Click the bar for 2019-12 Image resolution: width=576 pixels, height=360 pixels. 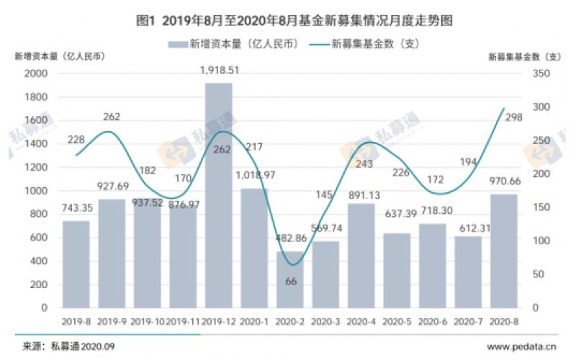point(219,195)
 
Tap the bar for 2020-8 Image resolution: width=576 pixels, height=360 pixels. point(503,251)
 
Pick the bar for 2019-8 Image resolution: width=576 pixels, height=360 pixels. point(76,264)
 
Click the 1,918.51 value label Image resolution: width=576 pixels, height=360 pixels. point(219,71)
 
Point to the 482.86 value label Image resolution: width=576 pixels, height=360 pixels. point(290,239)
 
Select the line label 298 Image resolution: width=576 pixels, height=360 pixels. point(513,118)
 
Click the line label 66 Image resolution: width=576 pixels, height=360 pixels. point(291,282)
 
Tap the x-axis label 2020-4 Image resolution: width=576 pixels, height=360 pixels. point(361,322)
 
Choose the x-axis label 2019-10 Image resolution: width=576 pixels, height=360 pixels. point(148,322)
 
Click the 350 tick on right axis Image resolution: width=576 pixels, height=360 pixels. point(539,73)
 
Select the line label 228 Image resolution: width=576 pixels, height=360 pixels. point(76,140)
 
